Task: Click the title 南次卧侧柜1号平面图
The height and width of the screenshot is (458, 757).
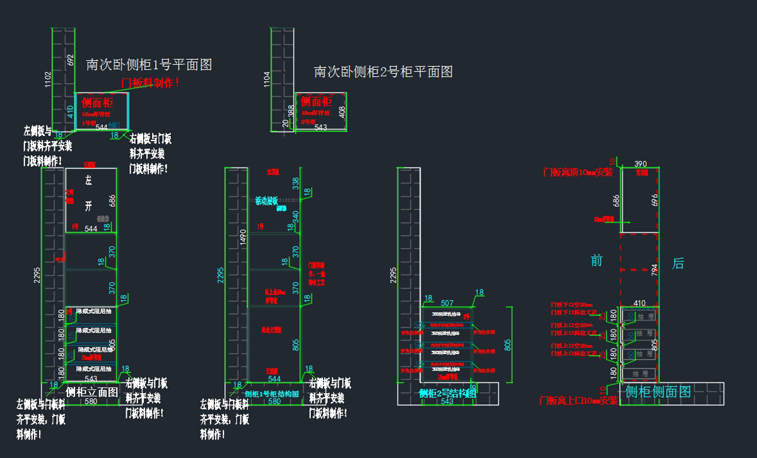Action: pos(148,64)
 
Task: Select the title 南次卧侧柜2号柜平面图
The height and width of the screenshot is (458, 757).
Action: pos(383,72)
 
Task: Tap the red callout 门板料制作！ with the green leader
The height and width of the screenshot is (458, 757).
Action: pos(150,82)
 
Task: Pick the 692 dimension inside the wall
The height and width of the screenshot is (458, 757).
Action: pos(70,63)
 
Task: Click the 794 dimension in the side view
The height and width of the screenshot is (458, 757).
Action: pos(654,270)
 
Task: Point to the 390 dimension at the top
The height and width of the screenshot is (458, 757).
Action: pos(640,164)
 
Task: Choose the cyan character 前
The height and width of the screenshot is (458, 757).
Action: pos(597,260)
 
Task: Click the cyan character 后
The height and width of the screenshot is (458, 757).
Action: pos(678,263)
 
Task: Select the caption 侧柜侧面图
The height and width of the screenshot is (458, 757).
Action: pos(658,392)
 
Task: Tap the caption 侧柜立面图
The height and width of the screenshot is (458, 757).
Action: pos(92,391)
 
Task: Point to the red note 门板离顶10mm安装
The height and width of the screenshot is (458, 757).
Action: pos(578,172)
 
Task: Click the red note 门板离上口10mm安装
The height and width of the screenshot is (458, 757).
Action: pos(578,401)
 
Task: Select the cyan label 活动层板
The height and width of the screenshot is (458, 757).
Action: pos(266,201)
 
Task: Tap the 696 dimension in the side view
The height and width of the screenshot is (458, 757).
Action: pos(655,200)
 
